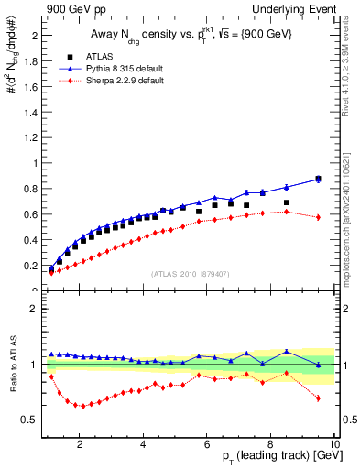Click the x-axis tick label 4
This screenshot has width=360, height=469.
(x=144, y=445)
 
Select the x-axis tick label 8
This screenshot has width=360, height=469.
(x=272, y=445)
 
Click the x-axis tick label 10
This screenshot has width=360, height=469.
(x=333, y=445)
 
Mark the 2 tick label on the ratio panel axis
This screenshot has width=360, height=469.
(x=32, y=309)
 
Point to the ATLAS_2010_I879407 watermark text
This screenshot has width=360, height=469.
(x=189, y=274)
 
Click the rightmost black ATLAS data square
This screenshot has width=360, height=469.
(x=318, y=179)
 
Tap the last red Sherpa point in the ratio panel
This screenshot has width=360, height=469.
(x=318, y=398)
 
